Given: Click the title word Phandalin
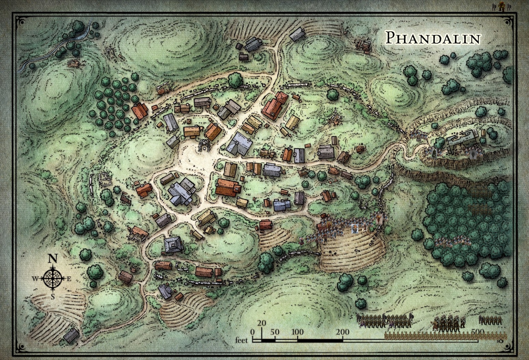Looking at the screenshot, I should click(x=433, y=38).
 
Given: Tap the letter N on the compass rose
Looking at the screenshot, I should click(x=52, y=259).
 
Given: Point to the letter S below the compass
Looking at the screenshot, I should click(x=53, y=296).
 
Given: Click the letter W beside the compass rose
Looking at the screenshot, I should click(x=35, y=279).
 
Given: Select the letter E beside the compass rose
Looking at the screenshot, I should click(x=69, y=279).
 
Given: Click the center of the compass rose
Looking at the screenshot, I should click(x=52, y=278).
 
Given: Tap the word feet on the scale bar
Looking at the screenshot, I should click(x=241, y=340).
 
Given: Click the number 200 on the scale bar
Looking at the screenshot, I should click(x=342, y=332).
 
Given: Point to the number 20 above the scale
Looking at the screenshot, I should click(x=262, y=323).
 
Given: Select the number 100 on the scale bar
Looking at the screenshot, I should click(x=297, y=332).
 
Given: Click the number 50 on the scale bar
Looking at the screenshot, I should click(x=275, y=332).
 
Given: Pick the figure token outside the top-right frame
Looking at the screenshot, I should click(x=501, y=7).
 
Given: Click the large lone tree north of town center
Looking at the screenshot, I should click(x=235, y=80).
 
